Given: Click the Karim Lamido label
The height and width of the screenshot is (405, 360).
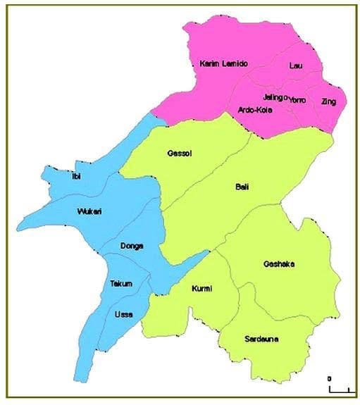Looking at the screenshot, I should tap(223, 64).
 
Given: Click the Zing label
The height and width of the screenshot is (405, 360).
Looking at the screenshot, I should tap(328, 102).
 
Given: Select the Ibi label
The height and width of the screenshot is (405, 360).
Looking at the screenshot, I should tap(76, 176).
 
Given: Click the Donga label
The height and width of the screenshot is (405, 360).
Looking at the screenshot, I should tap(132, 246).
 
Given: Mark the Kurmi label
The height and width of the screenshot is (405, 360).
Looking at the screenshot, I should tap(201, 289).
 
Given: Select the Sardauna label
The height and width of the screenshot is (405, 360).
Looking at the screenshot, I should tap(261, 339).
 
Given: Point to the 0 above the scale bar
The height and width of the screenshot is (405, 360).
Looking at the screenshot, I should tap(329, 379).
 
